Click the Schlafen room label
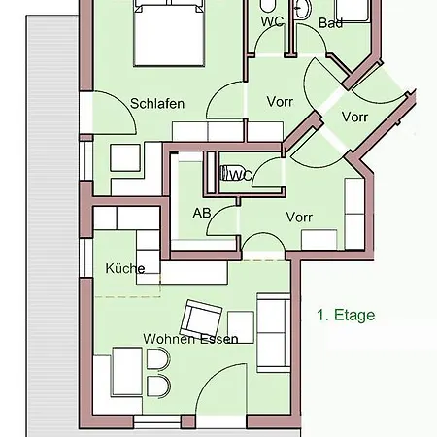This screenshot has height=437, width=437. coord(157,104)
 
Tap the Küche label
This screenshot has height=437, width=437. coord(125,268)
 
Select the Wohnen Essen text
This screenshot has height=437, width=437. coord(190,339)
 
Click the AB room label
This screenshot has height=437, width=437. coord(202,213)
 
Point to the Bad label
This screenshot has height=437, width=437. coord(330,23)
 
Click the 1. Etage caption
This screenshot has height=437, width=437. coord(346,315)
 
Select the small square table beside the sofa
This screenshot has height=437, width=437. coord(241,327)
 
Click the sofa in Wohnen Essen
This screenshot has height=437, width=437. coord(274,333)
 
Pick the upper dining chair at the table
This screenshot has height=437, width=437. coord(158,358)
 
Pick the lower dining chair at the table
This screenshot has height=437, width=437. coord(158,386)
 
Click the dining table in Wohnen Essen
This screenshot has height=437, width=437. coord(127,372)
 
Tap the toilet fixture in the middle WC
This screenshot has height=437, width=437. coord(225,173)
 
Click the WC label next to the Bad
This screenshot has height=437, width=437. coord(273,21)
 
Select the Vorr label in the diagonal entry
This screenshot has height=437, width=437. coord(354,117)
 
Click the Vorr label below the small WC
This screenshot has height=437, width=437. coord(299,217)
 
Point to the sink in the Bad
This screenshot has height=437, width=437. coord(303,9)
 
